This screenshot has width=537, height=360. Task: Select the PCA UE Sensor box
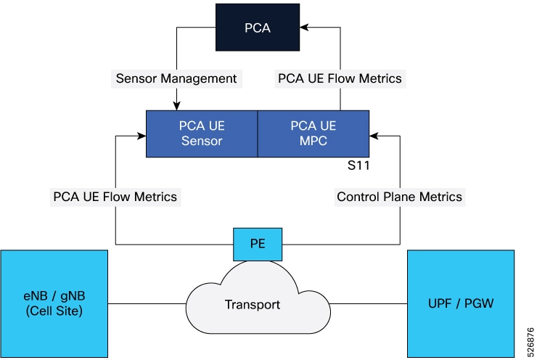pyautogui.click(x=202, y=133)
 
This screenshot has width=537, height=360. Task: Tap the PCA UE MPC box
pyautogui.click(x=313, y=133)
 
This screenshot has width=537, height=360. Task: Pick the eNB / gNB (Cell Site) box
pyautogui.click(x=54, y=304)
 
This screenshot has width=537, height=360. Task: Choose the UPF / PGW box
pyautogui.click(x=461, y=304)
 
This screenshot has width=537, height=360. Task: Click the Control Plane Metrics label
pyautogui.click(x=399, y=196)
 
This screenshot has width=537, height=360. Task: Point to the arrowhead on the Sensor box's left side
pyautogui.click(x=142, y=134)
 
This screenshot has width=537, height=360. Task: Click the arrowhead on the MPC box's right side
pyautogui.click(x=374, y=134)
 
